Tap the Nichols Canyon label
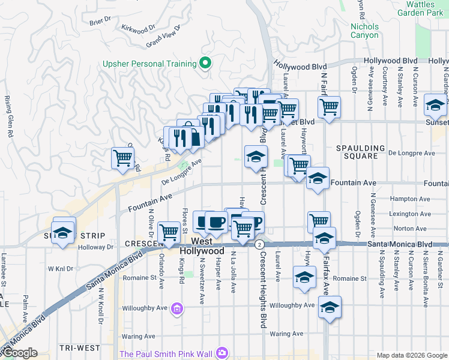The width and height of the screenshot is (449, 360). pyautogui.click(x=365, y=31)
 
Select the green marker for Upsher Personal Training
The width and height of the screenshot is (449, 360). pyautogui.click(x=205, y=63)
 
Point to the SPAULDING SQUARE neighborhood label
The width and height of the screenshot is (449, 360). pyautogui.click(x=360, y=152)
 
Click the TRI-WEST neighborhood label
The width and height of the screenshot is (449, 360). pyautogui.click(x=80, y=348)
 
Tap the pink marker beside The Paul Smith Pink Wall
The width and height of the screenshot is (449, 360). pyautogui.click(x=223, y=353)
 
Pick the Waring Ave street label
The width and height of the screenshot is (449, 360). pyautogui.click(x=290, y=334)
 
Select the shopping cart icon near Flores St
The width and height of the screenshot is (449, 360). pyautogui.click(x=169, y=231)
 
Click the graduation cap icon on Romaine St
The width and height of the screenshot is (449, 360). pyautogui.click(x=304, y=277)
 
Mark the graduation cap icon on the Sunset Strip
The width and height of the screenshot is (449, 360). pyautogui.click(x=62, y=233)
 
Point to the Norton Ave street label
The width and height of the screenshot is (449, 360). pyautogui.click(x=411, y=229)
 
